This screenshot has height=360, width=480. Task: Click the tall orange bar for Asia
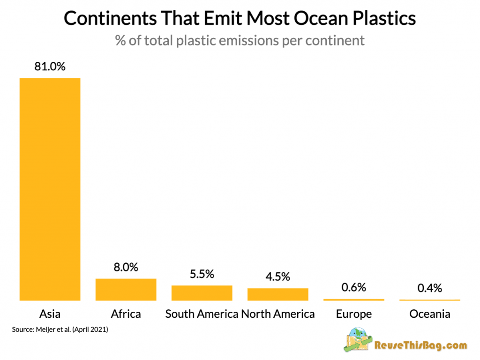(50, 188)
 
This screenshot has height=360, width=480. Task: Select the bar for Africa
(126, 289)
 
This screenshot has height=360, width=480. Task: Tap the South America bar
(202, 292)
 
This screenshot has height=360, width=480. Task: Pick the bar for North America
(277, 294)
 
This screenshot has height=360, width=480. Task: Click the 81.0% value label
(50, 66)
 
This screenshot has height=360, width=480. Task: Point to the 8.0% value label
(126, 267)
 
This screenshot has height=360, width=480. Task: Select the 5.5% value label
(202, 274)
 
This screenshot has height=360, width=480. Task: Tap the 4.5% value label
(277, 277)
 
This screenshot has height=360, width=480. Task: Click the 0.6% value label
(353, 287)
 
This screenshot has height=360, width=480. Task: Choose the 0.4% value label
(429, 288)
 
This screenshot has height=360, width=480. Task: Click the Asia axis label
(50, 314)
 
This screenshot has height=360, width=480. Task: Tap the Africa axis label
(126, 314)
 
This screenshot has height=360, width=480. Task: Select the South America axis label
(202, 314)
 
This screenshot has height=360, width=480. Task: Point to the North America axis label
(277, 314)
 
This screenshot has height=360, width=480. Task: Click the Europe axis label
(353, 314)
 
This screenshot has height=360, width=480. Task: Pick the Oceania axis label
(429, 314)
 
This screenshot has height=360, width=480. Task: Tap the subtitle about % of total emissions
(240, 40)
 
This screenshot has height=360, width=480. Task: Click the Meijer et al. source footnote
(60, 330)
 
